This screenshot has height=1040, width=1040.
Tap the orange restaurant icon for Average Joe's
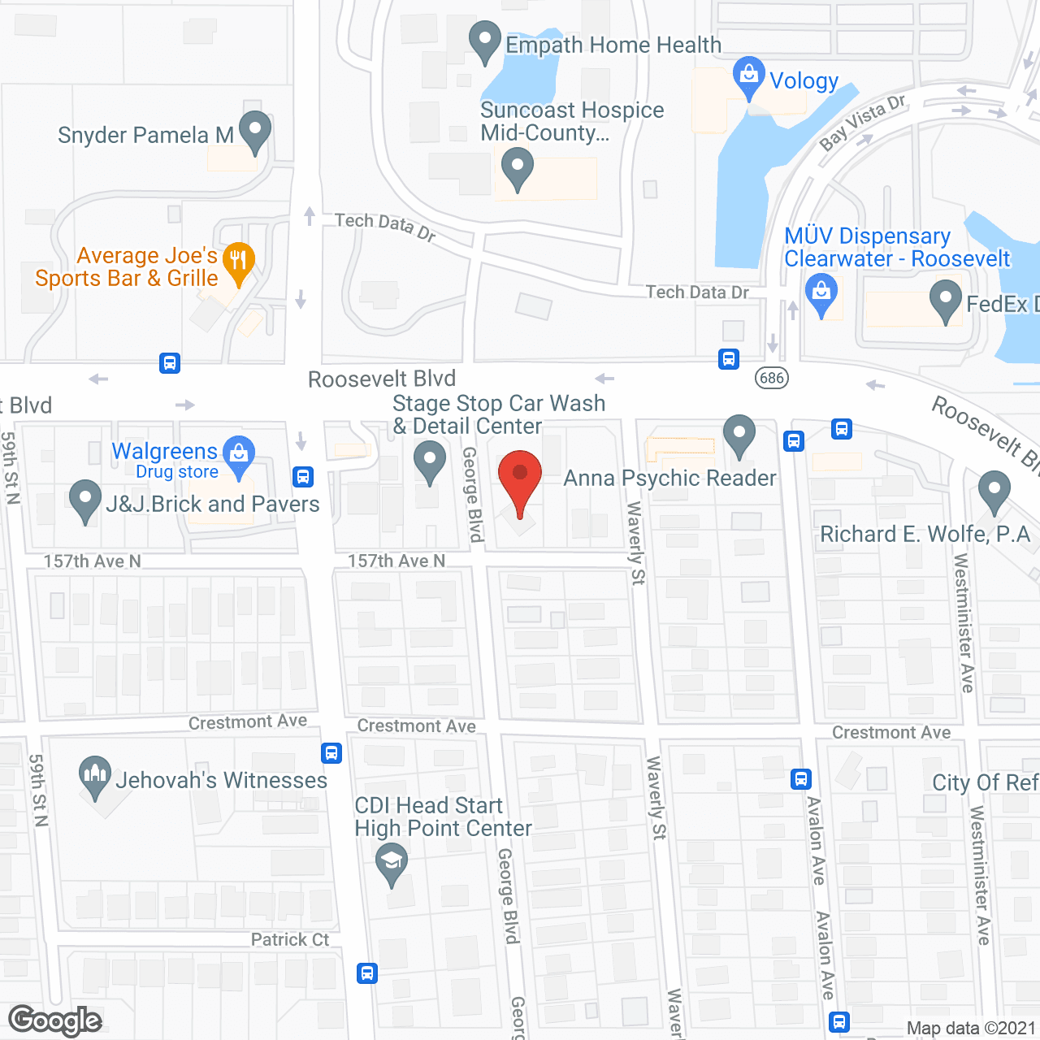[x=238, y=262]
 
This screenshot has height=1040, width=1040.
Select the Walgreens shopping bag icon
[x=239, y=453]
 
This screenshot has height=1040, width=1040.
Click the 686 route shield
[x=771, y=377]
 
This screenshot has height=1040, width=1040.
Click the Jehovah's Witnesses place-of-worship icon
[x=95, y=775]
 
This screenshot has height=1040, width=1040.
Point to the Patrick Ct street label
[x=290, y=940]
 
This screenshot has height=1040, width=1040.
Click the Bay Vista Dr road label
[x=862, y=122]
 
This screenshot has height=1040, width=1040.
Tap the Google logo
[x=55, y=1020]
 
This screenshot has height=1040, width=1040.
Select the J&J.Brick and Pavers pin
[x=84, y=500]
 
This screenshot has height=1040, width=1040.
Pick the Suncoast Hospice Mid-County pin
[x=518, y=169]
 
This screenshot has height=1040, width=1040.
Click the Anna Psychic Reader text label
[x=669, y=478]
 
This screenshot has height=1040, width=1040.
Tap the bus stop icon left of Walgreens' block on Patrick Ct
[x=367, y=973]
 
